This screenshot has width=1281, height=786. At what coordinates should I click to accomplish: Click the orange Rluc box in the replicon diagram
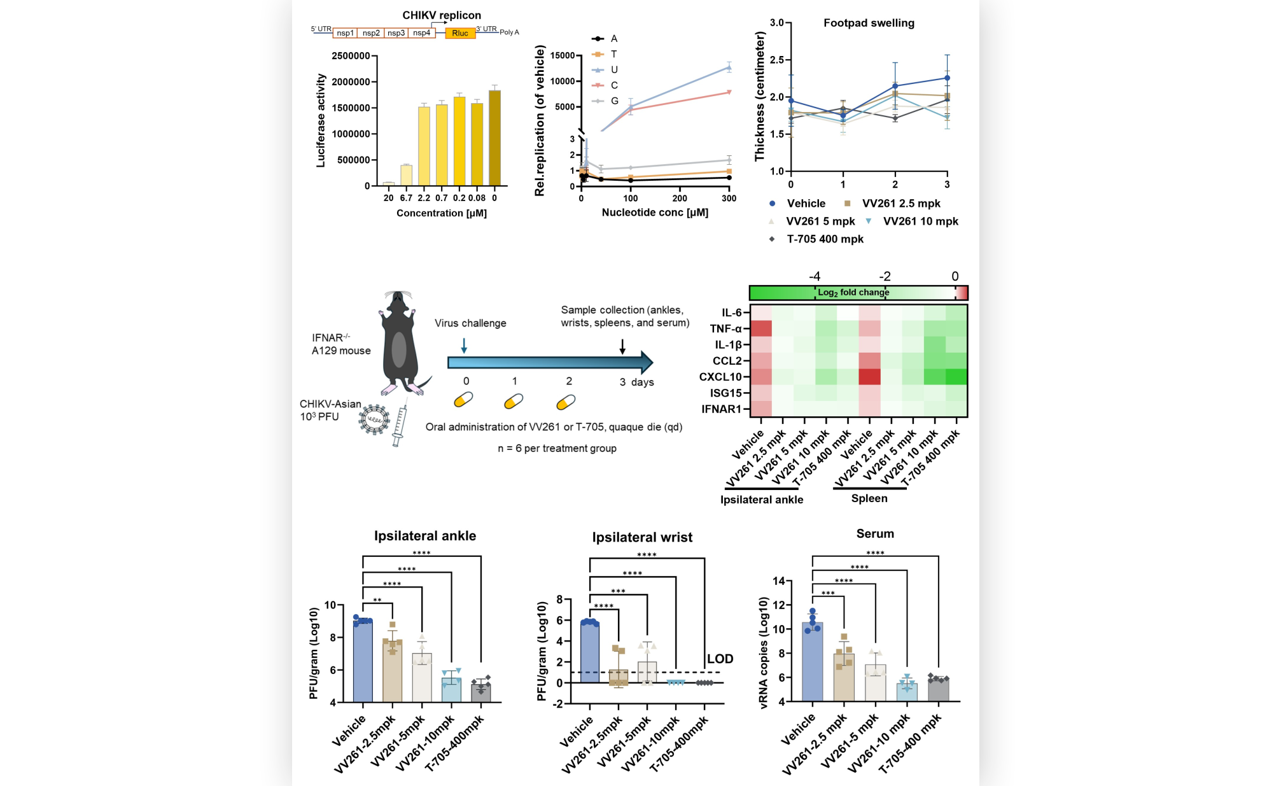click(x=459, y=33)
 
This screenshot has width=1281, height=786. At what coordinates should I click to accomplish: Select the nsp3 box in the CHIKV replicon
click(x=396, y=33)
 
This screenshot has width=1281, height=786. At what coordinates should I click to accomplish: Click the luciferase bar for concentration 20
click(x=388, y=183)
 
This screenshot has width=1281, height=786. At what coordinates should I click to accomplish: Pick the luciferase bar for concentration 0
click(x=494, y=138)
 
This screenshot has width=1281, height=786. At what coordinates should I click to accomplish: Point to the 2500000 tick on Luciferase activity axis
click(x=351, y=56)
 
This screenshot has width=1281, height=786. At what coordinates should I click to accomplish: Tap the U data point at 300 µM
click(x=729, y=67)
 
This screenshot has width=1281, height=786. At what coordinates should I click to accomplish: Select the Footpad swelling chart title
click(x=869, y=23)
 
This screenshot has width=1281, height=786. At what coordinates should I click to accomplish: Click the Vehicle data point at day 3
click(x=947, y=78)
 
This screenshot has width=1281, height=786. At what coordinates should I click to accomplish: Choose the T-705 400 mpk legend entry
click(x=825, y=239)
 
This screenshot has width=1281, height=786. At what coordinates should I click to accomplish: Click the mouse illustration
click(x=399, y=344)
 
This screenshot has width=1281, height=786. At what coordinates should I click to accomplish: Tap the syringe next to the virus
click(x=400, y=425)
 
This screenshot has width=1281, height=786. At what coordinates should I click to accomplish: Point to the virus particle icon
click(x=374, y=419)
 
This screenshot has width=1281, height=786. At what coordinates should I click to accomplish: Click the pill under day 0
click(x=463, y=400)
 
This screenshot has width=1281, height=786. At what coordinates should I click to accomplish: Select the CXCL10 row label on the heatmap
click(x=720, y=377)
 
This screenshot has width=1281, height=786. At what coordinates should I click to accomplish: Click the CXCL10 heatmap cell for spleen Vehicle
click(x=869, y=377)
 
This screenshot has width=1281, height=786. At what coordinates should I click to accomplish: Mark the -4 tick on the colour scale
click(x=815, y=276)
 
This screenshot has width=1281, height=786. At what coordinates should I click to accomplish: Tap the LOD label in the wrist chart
click(x=720, y=659)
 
